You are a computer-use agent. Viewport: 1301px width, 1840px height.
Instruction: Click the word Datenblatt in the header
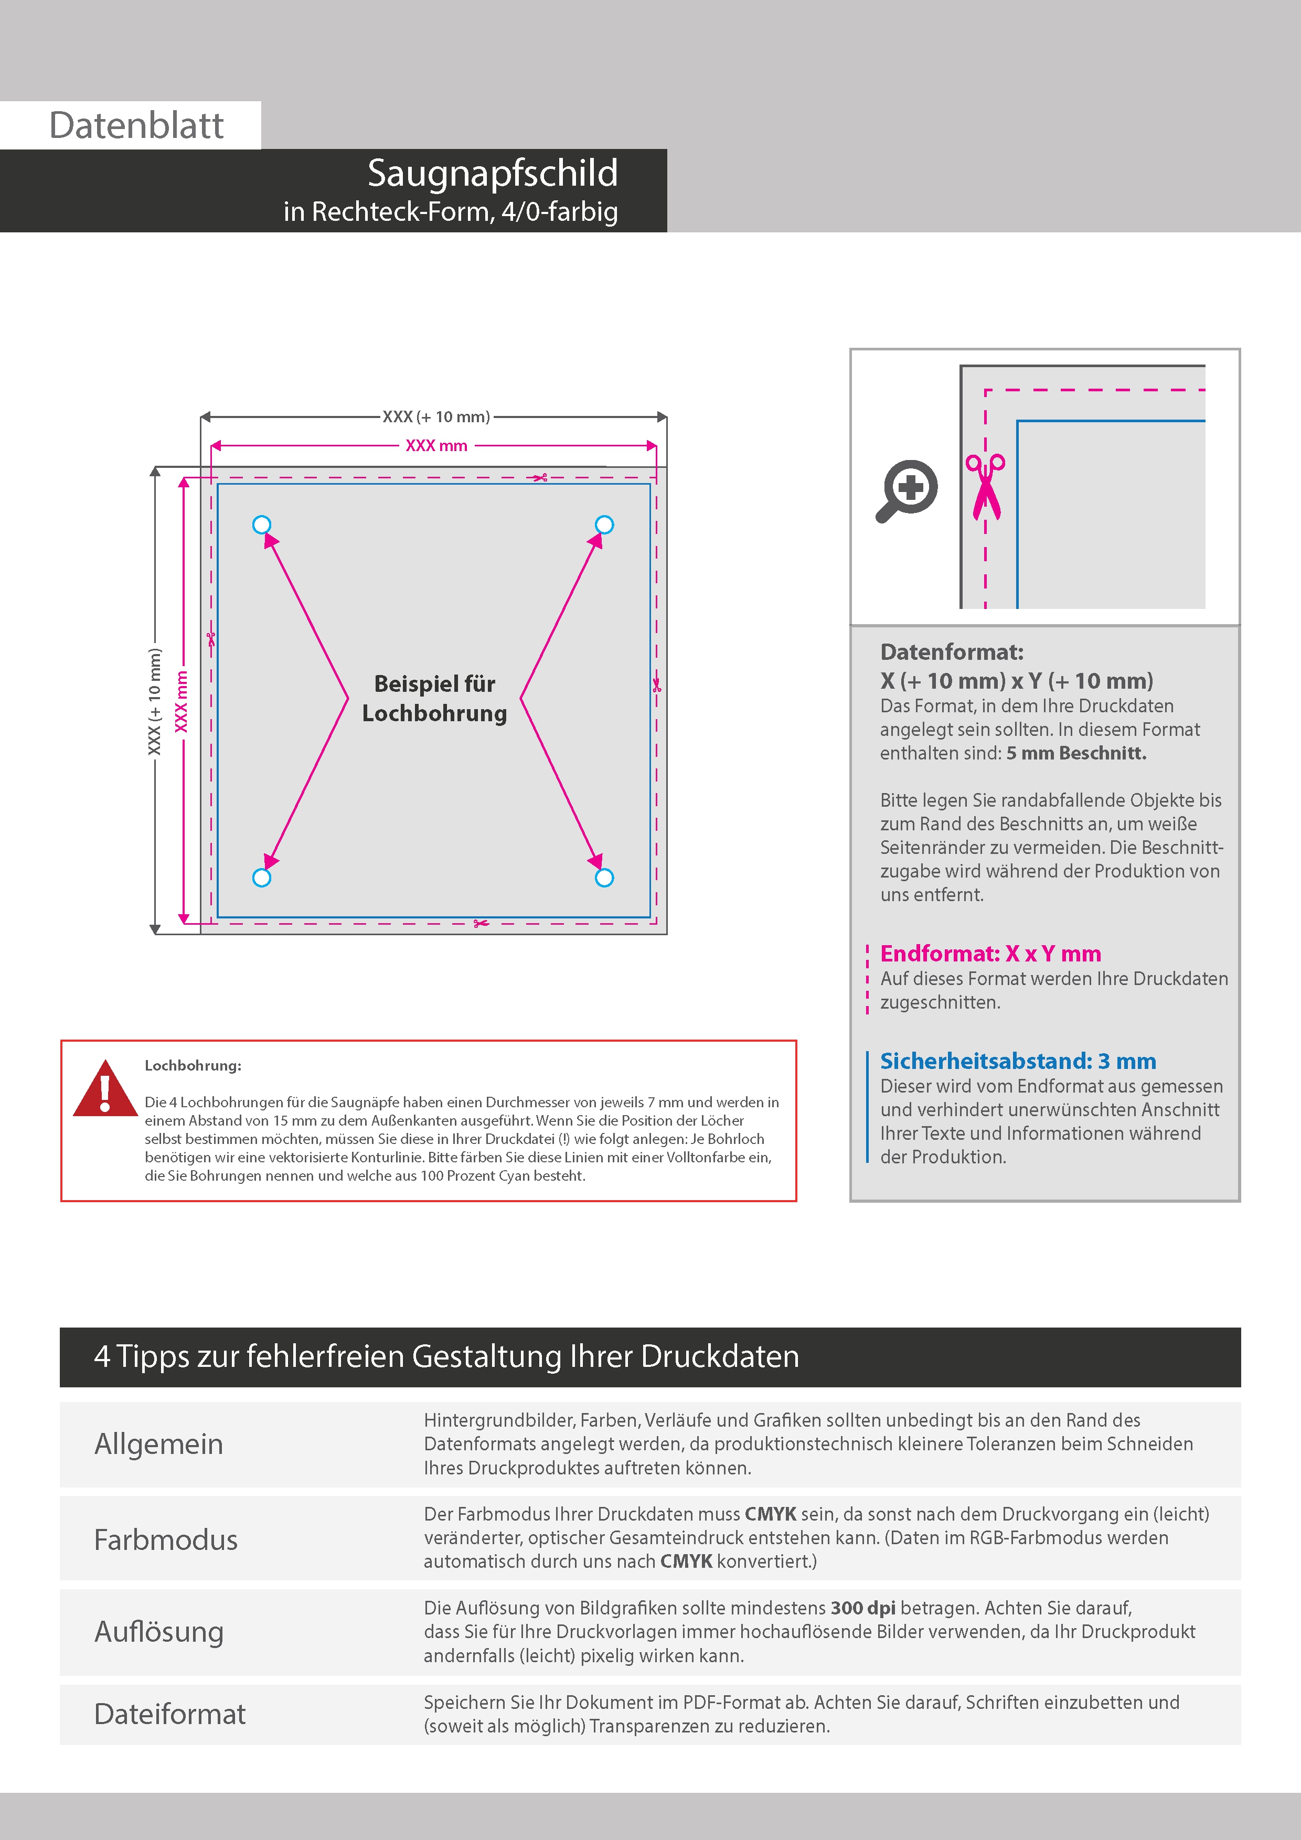[x=136, y=126]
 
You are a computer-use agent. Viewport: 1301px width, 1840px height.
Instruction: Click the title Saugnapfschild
[x=492, y=173]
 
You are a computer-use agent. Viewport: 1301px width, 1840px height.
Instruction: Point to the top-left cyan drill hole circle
[x=261, y=525]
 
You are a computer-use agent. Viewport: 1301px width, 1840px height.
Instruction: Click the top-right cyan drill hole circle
[x=604, y=525]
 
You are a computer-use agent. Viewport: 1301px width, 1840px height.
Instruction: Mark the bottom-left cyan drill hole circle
[x=261, y=878]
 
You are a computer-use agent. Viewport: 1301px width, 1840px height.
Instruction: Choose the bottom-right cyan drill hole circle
[x=604, y=878]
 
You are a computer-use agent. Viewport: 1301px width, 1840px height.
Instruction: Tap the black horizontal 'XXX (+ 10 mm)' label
[x=436, y=416]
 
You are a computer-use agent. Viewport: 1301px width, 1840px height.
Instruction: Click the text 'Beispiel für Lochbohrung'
[x=434, y=698]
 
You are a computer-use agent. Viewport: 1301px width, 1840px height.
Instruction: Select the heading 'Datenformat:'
[x=952, y=651]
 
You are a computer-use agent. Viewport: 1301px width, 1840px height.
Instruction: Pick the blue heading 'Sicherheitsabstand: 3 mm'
[x=1017, y=1061]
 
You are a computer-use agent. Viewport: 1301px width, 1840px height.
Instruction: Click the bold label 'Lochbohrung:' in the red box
[x=193, y=1066]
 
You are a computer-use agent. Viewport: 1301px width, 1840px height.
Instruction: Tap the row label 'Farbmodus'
[x=166, y=1539]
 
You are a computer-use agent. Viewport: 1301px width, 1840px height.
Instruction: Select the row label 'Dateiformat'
[x=170, y=1714]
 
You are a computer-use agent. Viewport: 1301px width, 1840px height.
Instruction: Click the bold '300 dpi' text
[x=862, y=1608]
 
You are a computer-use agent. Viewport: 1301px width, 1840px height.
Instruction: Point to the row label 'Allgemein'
[x=159, y=1444]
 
